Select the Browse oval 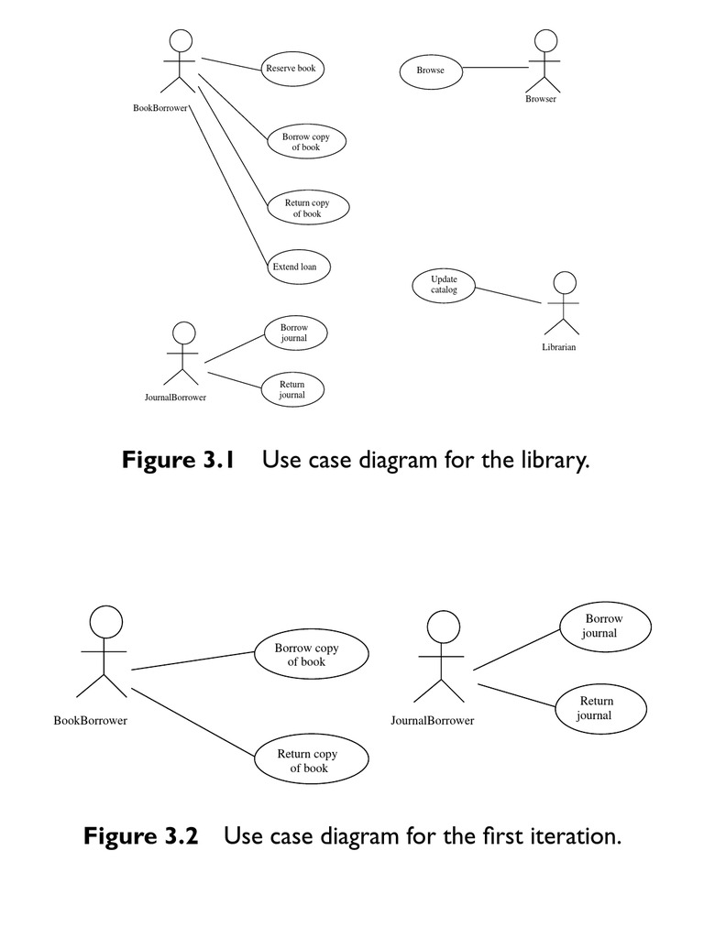[430, 70]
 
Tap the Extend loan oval [294, 267]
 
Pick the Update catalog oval [444, 285]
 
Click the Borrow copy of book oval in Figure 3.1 [307, 142]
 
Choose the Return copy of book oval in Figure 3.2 [308, 761]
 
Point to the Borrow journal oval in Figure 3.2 [604, 626]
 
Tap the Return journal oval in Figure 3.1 [292, 389]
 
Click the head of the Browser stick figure [546, 40]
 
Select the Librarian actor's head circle [565, 282]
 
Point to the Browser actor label [541, 99]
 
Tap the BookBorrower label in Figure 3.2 [91, 721]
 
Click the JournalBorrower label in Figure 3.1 [175, 398]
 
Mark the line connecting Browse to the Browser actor [495, 68]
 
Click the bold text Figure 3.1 [179, 460]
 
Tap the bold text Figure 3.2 [141, 836]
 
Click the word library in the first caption [549, 460]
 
